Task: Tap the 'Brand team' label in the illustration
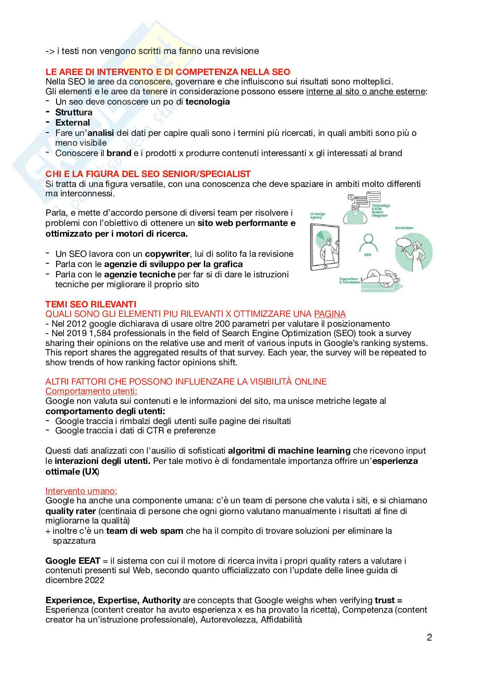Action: pyautogui.click(x=404, y=228)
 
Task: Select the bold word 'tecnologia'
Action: pyautogui.click(x=207, y=102)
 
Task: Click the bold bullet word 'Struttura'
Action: pyautogui.click(x=74, y=112)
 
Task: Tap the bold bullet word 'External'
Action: pyautogui.click(x=72, y=122)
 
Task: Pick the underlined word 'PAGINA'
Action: pyautogui.click(x=329, y=314)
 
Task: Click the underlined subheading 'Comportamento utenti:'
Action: pyautogui.click(x=91, y=391)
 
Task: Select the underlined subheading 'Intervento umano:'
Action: pyautogui.click(x=81, y=491)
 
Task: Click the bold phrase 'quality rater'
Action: pyautogui.click(x=71, y=511)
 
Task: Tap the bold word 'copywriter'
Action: pyautogui.click(x=167, y=254)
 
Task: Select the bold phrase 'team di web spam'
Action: pyautogui.click(x=145, y=531)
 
